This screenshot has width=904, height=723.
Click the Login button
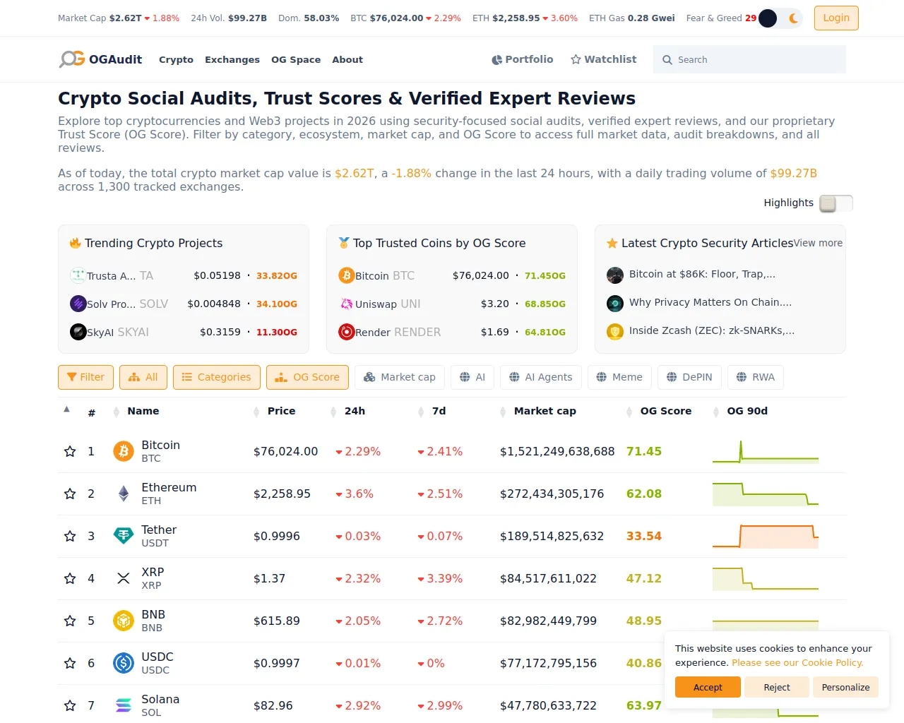point(835,18)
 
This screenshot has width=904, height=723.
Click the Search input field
point(749,59)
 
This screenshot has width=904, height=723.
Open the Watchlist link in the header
point(603,59)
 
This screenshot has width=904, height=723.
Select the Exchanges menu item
point(232,59)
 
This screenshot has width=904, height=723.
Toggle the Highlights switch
point(835,203)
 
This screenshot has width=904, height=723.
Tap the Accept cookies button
point(708,687)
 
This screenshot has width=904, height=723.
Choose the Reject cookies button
point(776,687)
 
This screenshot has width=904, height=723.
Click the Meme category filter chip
point(619,377)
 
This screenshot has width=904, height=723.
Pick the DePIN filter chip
point(689,377)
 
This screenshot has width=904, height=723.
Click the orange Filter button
point(85,377)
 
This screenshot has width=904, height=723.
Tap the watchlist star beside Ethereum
point(70,494)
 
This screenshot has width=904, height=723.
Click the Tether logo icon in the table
point(124,536)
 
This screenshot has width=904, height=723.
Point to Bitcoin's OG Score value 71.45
point(643,451)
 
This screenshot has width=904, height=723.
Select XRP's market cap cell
point(548,578)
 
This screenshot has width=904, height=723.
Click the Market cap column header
point(545,411)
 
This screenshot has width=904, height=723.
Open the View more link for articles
point(817,244)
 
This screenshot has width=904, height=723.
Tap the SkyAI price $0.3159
point(220,333)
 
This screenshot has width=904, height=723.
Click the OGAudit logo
point(100,59)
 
